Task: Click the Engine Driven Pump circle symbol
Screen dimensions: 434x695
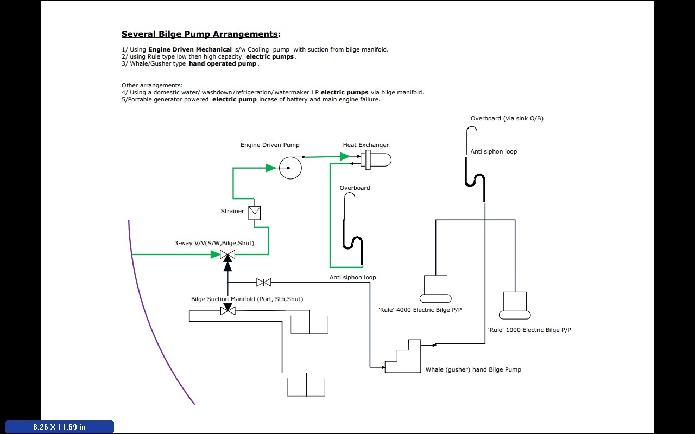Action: (290, 168)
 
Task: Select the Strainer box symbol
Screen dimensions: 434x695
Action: (254, 213)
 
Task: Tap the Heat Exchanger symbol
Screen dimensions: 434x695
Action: (376, 160)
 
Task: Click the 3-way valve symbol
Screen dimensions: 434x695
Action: (228, 254)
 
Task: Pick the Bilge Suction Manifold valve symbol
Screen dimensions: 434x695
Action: (228, 310)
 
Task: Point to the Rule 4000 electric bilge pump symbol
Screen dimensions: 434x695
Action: (435, 289)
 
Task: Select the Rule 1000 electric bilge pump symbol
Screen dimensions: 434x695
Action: (515, 305)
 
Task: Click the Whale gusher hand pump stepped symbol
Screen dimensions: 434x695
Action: (403, 357)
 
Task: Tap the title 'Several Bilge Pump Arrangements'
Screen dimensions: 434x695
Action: (201, 34)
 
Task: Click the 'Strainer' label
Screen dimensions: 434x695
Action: (232, 211)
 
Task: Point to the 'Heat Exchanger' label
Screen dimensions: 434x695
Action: (366, 145)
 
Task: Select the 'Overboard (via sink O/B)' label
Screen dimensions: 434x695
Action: (507, 118)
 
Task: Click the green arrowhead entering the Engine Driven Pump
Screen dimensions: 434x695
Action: (271, 168)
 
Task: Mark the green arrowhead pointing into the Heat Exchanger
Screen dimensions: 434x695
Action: (345, 157)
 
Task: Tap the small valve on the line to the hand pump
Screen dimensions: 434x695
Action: (264, 282)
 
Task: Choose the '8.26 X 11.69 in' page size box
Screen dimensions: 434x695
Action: (60, 427)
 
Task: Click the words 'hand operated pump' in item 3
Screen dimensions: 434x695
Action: (223, 63)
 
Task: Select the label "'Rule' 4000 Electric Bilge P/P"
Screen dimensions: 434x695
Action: (420, 310)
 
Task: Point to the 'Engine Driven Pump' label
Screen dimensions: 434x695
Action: (270, 145)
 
